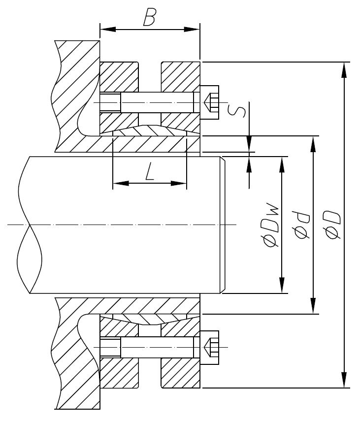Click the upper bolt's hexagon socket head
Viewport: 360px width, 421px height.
pyautogui.click(x=210, y=102)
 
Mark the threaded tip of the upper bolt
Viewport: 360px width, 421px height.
pyautogui.click(x=110, y=102)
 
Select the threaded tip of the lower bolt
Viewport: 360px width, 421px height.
pyautogui.click(x=110, y=348)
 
